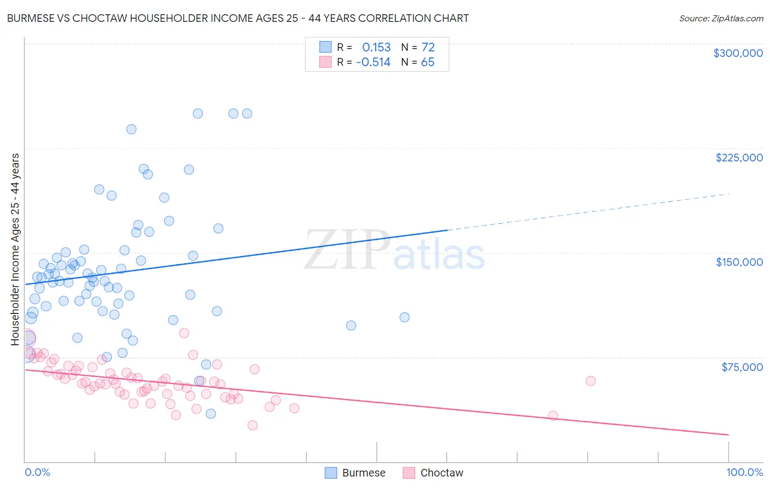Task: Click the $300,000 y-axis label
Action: [738, 53]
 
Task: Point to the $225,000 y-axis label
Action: [739, 158]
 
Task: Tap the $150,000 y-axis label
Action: [739, 262]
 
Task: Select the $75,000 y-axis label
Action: [742, 367]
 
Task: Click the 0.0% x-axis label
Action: [37, 472]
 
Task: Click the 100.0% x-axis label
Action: [744, 472]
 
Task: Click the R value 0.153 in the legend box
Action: [376, 47]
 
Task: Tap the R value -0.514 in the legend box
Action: [373, 62]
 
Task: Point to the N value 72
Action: [428, 47]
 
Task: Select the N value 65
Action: [428, 62]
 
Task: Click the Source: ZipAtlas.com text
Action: [721, 18]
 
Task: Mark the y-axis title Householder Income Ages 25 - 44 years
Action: [15, 249]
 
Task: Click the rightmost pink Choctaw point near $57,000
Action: [590, 381]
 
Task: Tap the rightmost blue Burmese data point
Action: [405, 317]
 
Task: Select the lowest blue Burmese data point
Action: [211, 414]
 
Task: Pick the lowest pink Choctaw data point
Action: [252, 425]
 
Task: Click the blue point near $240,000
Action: [131, 129]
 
